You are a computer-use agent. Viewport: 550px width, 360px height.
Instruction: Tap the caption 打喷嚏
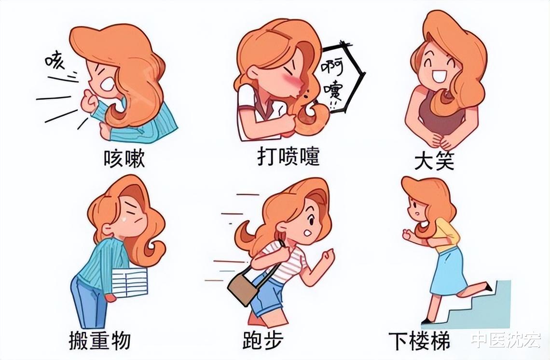(x=288, y=157)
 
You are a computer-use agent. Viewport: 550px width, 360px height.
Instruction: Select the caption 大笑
(x=434, y=161)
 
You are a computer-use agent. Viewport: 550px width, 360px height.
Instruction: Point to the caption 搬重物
(x=99, y=341)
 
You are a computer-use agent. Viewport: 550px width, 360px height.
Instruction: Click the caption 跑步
(x=263, y=341)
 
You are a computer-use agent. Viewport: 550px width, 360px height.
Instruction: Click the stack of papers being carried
(x=129, y=282)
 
